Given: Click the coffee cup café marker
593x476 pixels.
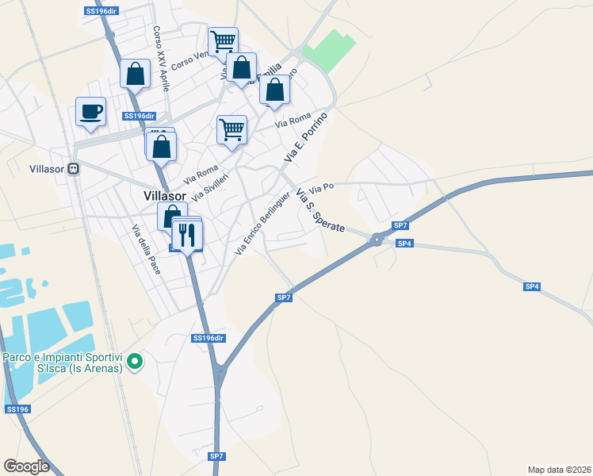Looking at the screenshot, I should (90, 111).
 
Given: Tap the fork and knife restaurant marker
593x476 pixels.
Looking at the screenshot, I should (188, 234).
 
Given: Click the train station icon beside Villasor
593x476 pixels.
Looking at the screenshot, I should (74, 169).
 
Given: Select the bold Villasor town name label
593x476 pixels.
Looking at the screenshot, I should (165, 195).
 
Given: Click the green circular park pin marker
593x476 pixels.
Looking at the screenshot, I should (135, 363).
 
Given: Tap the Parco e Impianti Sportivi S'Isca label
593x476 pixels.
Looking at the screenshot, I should (63, 363).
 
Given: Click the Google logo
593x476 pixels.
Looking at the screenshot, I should (27, 466).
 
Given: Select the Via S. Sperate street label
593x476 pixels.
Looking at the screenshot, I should (319, 210).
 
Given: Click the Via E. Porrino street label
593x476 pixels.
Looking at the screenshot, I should (305, 138).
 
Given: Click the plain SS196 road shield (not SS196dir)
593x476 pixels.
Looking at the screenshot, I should (17, 409).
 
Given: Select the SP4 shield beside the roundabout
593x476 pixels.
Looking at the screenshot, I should (404, 244).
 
